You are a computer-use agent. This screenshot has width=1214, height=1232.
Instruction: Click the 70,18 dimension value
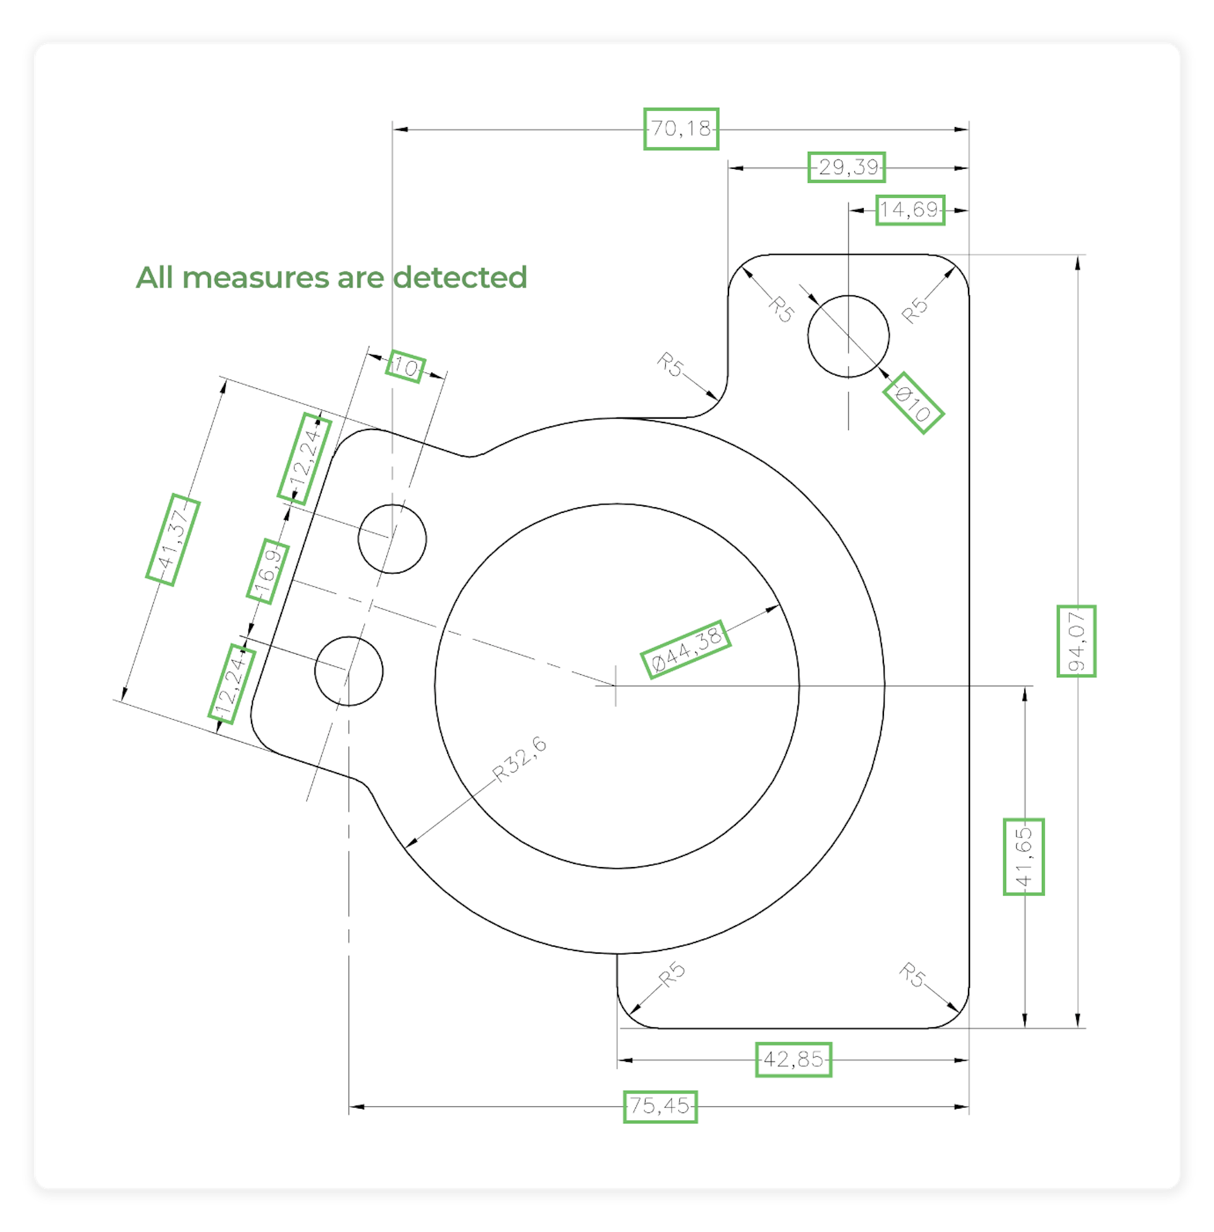(681, 129)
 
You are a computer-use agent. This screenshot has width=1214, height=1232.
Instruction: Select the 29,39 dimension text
(847, 167)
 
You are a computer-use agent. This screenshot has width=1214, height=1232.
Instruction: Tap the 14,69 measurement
(910, 210)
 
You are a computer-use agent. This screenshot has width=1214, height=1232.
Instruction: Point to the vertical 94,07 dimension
(1076, 641)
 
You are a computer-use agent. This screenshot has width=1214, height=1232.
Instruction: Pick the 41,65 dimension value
(1023, 856)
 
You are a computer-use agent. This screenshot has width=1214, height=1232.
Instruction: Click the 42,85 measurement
(794, 1059)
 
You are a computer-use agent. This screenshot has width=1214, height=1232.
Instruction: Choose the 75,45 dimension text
(660, 1106)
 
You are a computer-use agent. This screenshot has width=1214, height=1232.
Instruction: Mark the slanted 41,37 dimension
(173, 539)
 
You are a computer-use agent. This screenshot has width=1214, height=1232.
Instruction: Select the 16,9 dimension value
(268, 571)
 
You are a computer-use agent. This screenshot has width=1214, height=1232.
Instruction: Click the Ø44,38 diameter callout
(685, 649)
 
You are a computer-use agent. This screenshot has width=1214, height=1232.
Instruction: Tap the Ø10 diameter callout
(913, 403)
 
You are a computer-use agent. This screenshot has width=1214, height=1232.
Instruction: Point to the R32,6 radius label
(520, 759)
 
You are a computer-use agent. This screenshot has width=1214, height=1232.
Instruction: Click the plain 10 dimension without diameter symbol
(405, 367)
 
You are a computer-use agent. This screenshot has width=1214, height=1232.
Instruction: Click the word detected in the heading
(460, 278)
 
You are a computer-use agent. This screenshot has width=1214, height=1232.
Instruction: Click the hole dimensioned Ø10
(848, 336)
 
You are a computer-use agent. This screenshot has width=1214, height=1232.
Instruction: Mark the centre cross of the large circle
(615, 686)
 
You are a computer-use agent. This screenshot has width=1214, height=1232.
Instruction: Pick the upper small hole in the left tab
(392, 539)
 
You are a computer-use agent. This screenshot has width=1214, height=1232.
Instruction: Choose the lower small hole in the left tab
(349, 671)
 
